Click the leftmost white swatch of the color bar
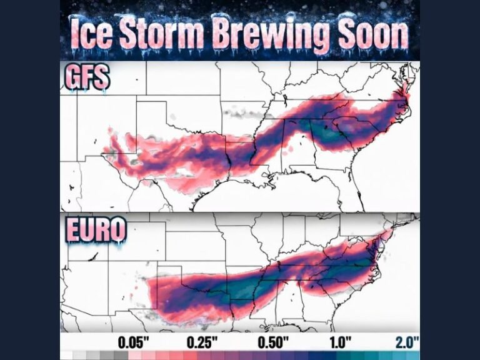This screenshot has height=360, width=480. click(66, 355)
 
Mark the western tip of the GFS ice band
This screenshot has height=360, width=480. click(105, 150)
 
